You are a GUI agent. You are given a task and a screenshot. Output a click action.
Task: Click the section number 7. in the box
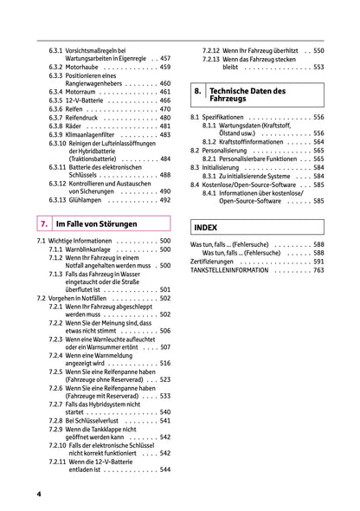click(x=44, y=223)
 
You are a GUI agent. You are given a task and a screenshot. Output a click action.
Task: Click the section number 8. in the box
click(x=198, y=91)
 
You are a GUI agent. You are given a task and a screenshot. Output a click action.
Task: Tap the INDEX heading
click(x=206, y=227)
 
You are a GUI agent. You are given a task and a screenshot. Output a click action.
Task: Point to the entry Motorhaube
click(x=80, y=67)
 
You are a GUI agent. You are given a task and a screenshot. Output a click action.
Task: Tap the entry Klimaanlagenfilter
click(x=94, y=134)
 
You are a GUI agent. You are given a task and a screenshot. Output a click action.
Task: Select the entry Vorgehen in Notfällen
click(x=79, y=298)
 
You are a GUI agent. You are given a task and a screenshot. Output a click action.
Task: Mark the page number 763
click(x=318, y=270)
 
